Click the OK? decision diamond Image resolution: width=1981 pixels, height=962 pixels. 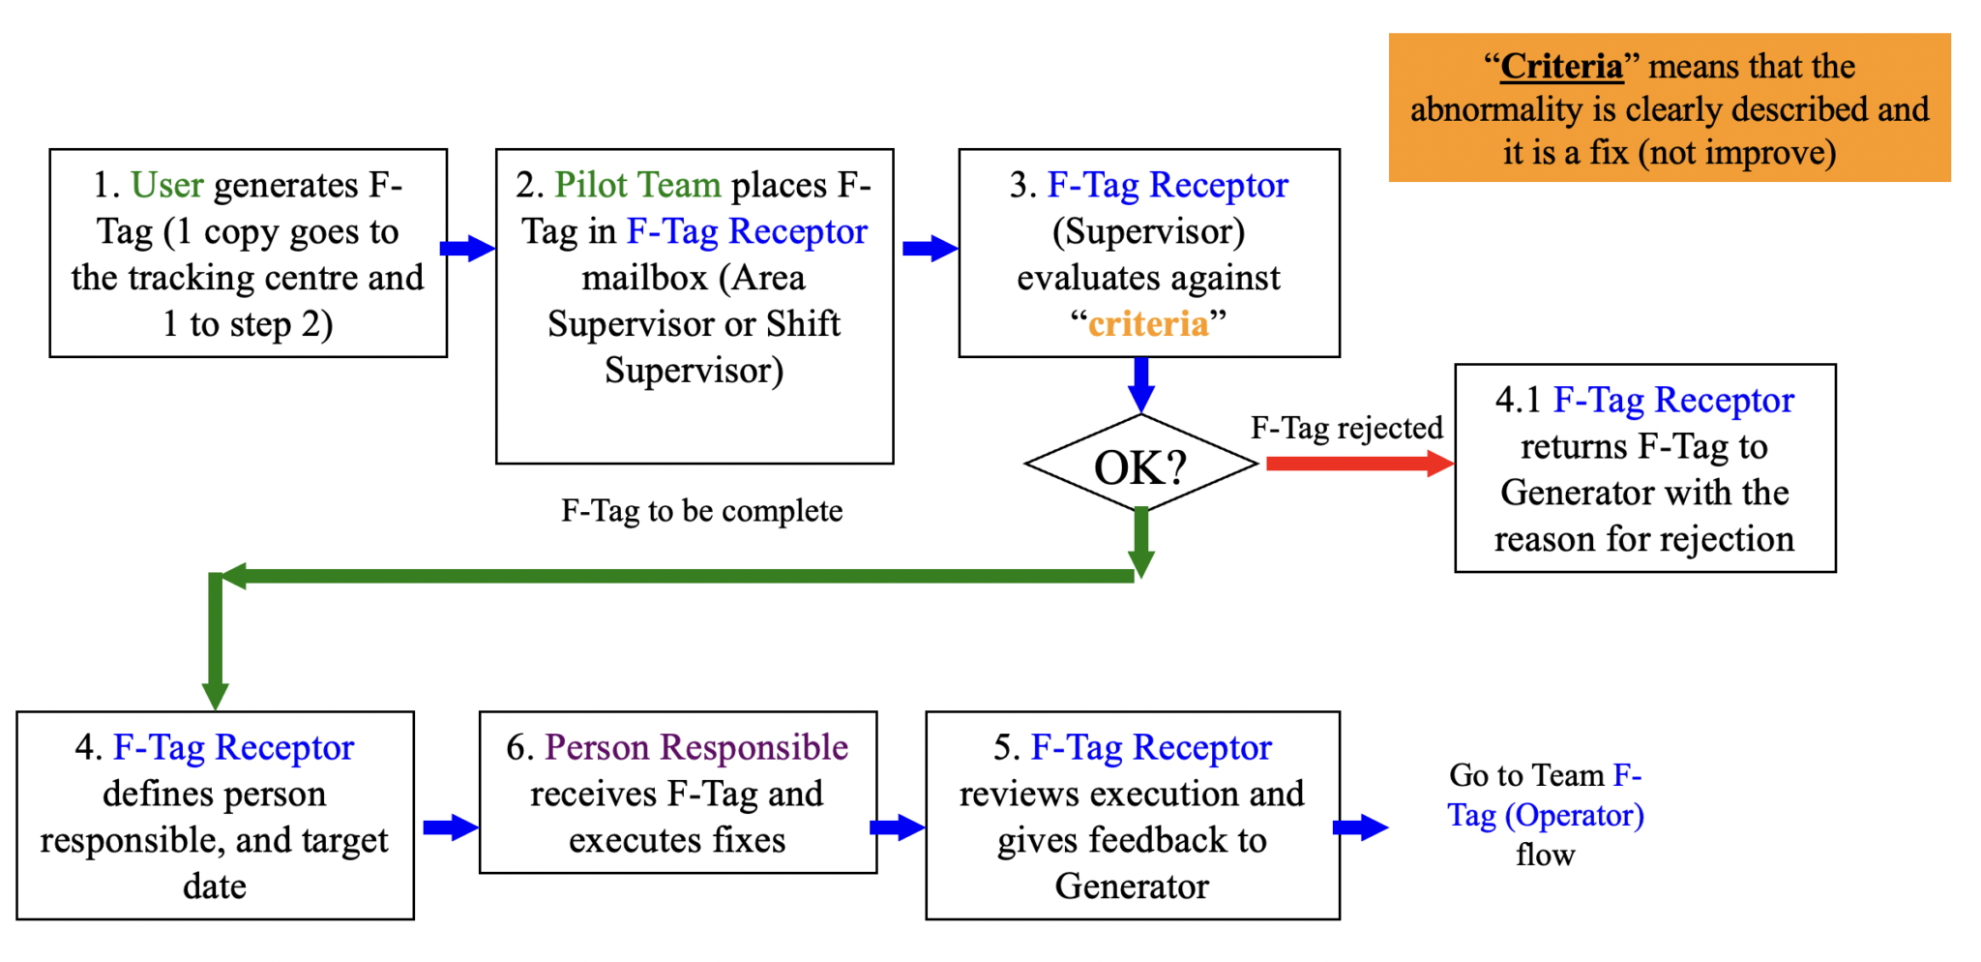pyautogui.click(x=1140, y=466)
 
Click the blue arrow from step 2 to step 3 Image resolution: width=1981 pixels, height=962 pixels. pyautogui.click(x=930, y=248)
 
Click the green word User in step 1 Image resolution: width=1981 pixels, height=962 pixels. pyautogui.click(x=166, y=184)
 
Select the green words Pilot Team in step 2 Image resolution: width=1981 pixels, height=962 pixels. pyautogui.click(x=637, y=184)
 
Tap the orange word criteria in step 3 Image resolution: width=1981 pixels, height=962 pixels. pyautogui.click(x=1148, y=323)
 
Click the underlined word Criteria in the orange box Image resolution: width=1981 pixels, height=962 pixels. pyautogui.click(x=1561, y=66)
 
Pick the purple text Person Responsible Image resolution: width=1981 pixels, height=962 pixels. pyautogui.click(x=696, y=747)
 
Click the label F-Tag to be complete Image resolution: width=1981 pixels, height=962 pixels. pyautogui.click(x=701, y=511)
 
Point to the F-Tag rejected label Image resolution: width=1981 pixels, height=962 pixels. pyautogui.click(x=1346, y=428)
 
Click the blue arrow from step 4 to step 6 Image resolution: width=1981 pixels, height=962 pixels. pyautogui.click(x=450, y=827)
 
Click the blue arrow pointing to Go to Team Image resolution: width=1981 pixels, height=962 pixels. pyautogui.click(x=1360, y=827)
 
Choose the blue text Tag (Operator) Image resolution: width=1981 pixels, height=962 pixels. pyautogui.click(x=1546, y=815)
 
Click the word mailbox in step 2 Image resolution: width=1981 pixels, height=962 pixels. pyautogui.click(x=644, y=278)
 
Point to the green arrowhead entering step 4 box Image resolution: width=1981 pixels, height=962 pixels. pyautogui.click(x=215, y=696)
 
